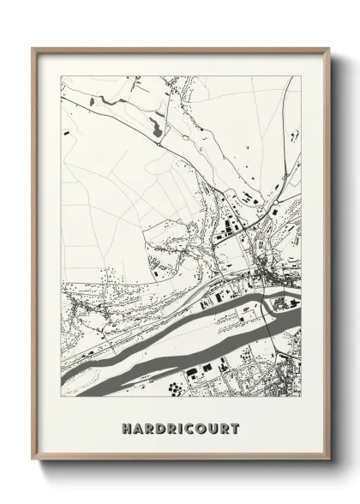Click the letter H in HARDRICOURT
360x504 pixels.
[x=126, y=429]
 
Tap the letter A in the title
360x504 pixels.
[x=137, y=429]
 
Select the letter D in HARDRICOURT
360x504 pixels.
[x=160, y=429]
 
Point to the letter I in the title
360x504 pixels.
[x=182, y=429]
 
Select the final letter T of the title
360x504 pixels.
[x=236, y=429]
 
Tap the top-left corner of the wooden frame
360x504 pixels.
[x=33, y=49]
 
